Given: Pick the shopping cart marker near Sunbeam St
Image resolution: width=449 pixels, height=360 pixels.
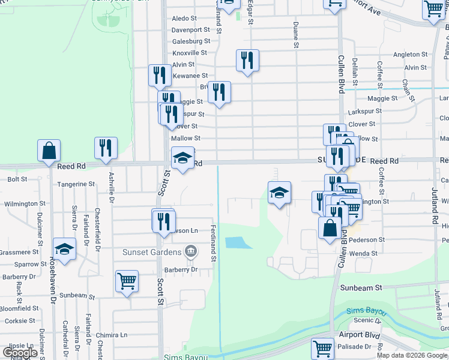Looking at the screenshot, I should point(127,281).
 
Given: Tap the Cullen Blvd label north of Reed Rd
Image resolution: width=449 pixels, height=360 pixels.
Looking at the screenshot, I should point(340,73).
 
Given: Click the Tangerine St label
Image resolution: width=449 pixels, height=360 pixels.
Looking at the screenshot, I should point(75,184).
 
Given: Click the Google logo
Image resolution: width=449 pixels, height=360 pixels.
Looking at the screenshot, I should point(20,353).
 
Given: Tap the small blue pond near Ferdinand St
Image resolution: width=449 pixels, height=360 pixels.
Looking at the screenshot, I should point(238,243).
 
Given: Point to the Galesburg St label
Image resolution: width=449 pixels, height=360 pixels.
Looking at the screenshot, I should point(191,41).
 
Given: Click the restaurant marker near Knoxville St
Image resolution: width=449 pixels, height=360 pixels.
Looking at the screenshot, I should point(247,60).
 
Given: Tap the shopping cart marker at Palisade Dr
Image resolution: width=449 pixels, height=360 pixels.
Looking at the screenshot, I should point(322,349).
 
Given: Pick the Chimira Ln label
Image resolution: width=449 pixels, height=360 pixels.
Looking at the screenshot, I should point(115,335).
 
